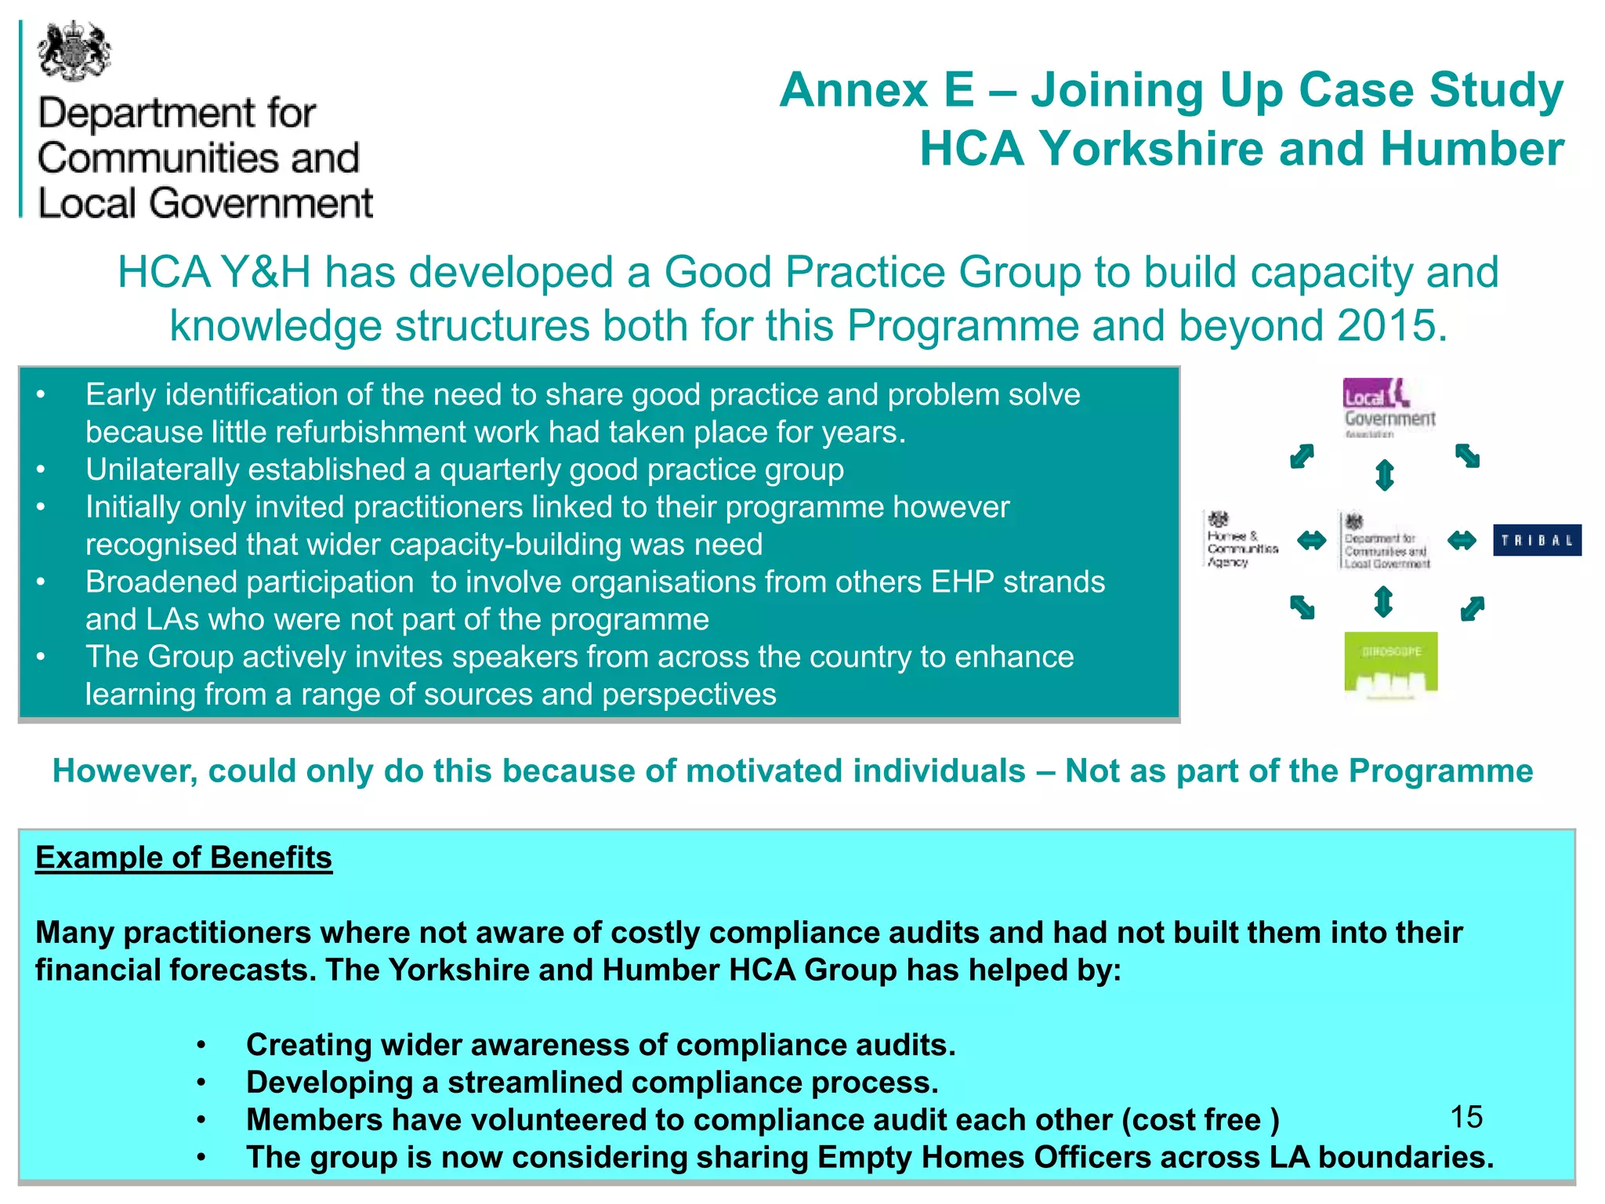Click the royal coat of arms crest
coord(74,52)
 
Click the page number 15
coord(1466,1117)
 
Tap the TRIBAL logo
coord(1537,540)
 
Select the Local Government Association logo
coord(1389,408)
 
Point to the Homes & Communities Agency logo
coord(1241,539)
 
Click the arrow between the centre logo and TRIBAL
coord(1462,540)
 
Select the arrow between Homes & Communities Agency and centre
coord(1311,540)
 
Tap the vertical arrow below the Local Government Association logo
coord(1385,475)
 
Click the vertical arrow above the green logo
coord(1384,602)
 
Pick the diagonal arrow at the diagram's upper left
coord(1302,455)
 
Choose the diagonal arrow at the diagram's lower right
coord(1473,608)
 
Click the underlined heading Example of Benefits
coord(183,858)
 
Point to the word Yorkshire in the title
coord(1151,149)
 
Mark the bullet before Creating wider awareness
coord(201,1046)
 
